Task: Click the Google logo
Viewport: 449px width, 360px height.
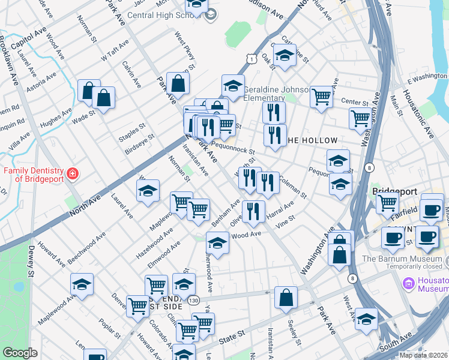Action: pos(20,353)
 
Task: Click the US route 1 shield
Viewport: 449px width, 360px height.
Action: pos(250,57)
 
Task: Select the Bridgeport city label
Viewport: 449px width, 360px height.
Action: pos(394,191)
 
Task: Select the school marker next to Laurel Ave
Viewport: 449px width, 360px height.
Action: pos(148,191)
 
